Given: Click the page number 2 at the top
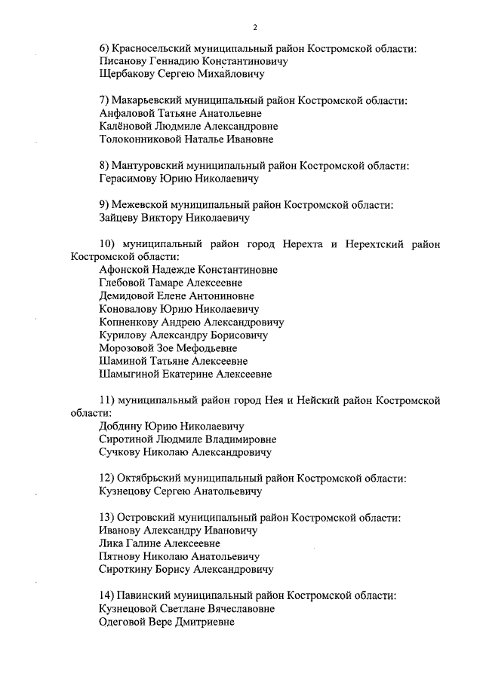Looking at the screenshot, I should pos(255,28).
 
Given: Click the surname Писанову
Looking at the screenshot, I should pos(124,62).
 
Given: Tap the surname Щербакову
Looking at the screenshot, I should pos(128,75).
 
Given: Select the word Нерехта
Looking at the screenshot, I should pos(304,243).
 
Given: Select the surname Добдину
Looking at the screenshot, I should pos(123,426).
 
